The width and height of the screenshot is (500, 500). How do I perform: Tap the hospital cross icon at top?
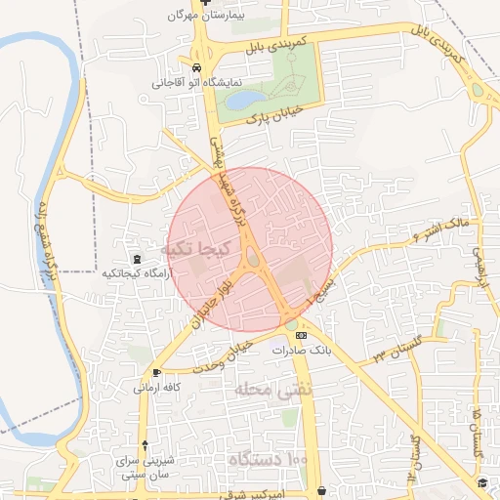coord(206,3)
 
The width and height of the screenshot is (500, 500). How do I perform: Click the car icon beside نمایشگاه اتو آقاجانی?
coord(198,68)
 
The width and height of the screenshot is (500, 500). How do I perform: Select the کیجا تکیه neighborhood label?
coord(200,249)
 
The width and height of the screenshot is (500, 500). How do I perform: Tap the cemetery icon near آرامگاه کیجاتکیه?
coord(136,259)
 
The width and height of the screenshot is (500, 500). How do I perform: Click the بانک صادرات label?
coord(303,350)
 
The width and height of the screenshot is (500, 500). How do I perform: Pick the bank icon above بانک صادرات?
coord(300,336)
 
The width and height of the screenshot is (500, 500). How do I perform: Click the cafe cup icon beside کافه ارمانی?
coord(157,373)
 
